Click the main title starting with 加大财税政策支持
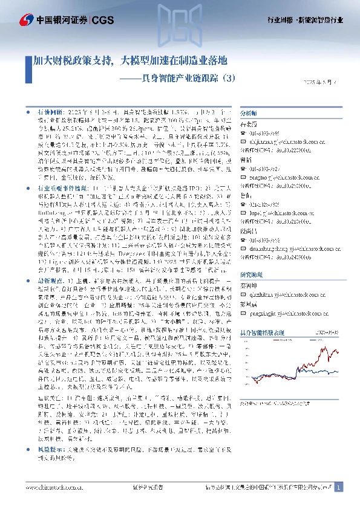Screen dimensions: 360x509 click(130, 60)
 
